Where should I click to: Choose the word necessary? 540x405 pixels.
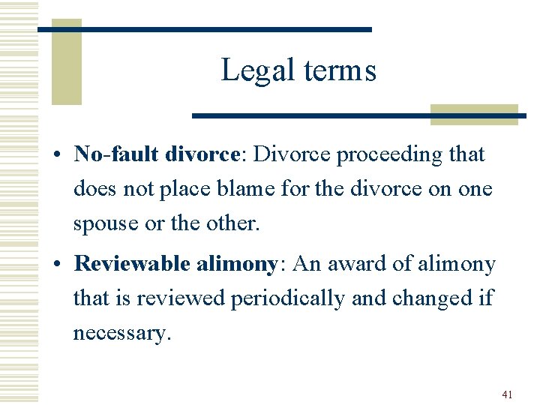click(121, 333)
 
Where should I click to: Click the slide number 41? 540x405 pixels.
click(507, 395)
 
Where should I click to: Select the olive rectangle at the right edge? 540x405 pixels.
click(474, 114)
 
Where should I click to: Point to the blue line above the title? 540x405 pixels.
click(204, 29)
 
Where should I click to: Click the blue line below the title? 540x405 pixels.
click(358, 115)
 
